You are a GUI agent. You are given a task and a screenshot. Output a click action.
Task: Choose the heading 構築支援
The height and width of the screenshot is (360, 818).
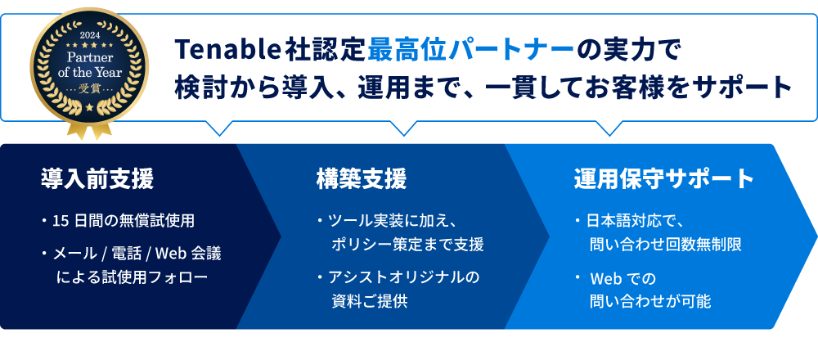tap(361, 178)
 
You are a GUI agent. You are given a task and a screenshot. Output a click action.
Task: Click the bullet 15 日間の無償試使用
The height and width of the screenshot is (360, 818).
tap(122, 221)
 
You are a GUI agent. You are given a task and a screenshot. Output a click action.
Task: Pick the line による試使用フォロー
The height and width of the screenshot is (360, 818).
tap(132, 277)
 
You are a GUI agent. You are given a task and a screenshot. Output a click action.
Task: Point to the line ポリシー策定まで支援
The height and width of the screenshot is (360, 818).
tap(407, 244)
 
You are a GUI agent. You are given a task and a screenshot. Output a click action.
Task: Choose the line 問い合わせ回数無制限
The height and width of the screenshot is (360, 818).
tap(665, 244)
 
